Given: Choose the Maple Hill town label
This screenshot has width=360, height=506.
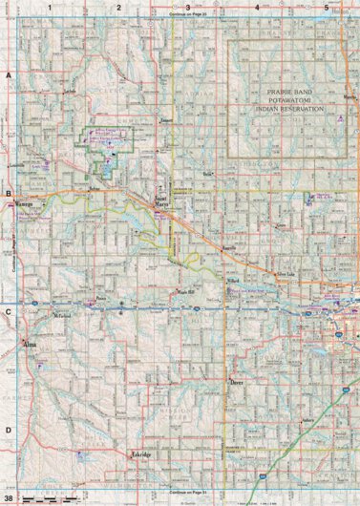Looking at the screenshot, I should pyautogui.click(x=184, y=291).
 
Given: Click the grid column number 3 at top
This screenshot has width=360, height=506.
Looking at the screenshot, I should pyautogui.click(x=188, y=8).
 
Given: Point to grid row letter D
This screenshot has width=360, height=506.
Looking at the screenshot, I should pyautogui.click(x=8, y=431).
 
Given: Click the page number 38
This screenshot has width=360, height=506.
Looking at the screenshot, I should pyautogui.click(x=9, y=498).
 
